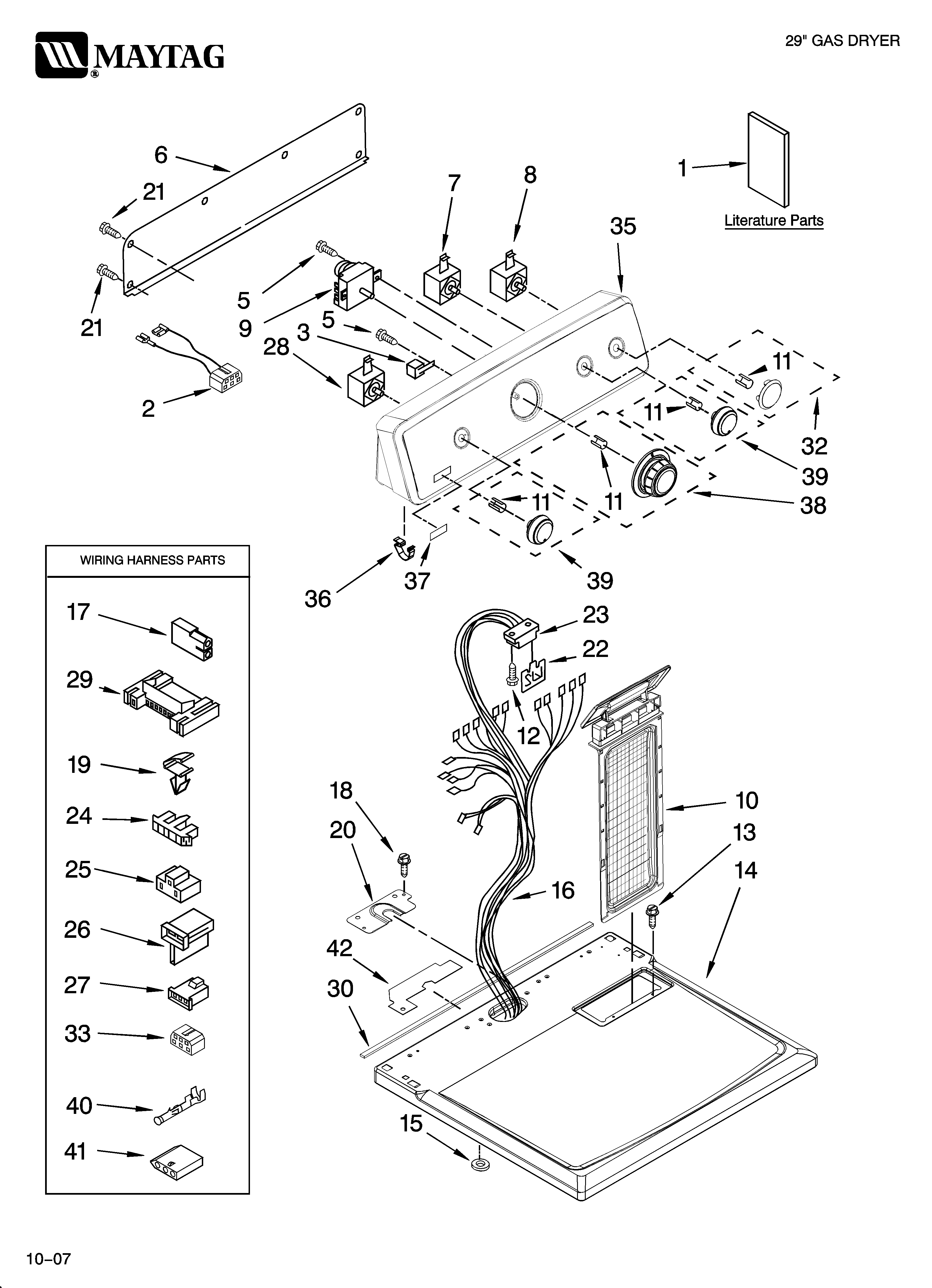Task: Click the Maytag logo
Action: click(x=129, y=55)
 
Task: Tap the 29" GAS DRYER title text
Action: click(x=842, y=41)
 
